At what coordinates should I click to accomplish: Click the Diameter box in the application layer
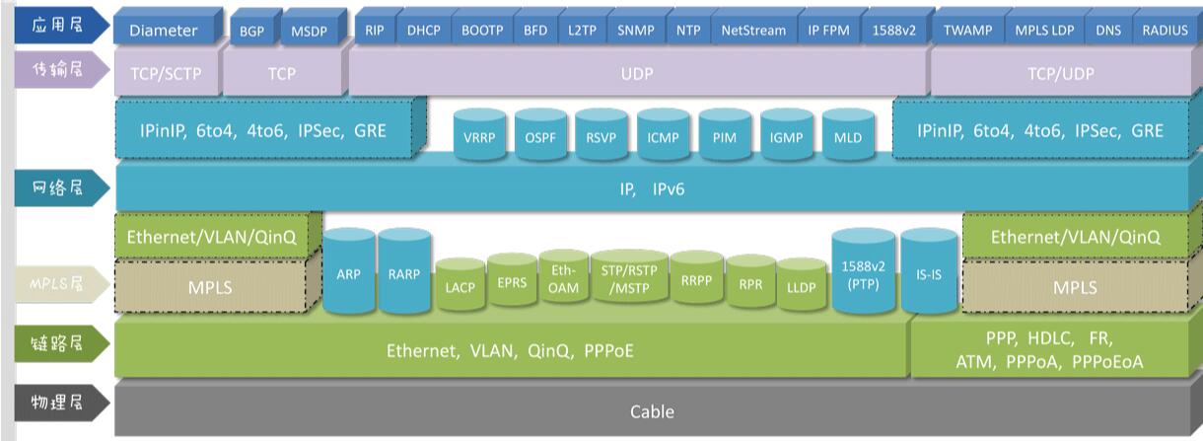tap(164, 30)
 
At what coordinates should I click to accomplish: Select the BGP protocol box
tap(251, 30)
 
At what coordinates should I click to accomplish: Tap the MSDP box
tap(309, 30)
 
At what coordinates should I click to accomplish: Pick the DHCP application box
tap(424, 30)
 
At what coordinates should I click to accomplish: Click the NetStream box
tap(753, 30)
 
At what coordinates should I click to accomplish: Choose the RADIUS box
tap(1165, 30)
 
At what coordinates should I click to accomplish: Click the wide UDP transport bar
tap(637, 73)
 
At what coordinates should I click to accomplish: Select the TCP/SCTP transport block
tap(165, 73)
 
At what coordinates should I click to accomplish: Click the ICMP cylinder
tap(663, 136)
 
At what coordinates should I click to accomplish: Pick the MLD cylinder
tap(847, 136)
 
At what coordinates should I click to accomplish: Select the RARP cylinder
tap(405, 274)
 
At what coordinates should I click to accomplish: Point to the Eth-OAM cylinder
tap(563, 279)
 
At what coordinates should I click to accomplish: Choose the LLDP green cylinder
tap(801, 286)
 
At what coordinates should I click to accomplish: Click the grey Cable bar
tap(652, 410)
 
